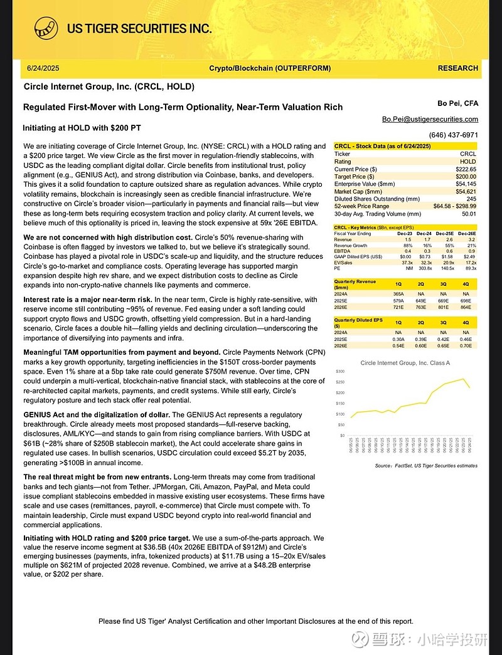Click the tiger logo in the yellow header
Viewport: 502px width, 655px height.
point(47,28)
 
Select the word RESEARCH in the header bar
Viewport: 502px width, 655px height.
point(457,68)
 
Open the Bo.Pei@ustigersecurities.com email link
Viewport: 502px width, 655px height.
point(430,119)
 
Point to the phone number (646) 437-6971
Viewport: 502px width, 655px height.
point(453,135)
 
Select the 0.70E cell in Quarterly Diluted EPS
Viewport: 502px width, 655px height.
point(465,345)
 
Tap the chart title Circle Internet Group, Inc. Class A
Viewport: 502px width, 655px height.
point(405,362)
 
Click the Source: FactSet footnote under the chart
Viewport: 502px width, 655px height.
point(425,466)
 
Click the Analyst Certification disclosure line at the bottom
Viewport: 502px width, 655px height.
point(255,621)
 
